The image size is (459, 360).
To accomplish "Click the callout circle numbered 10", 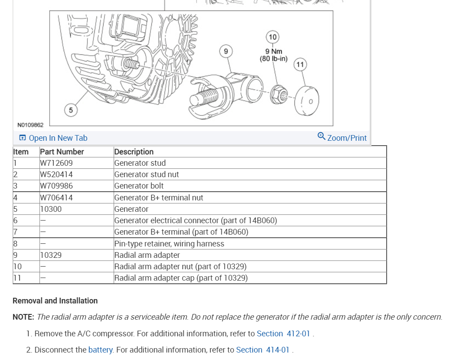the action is click(x=273, y=37).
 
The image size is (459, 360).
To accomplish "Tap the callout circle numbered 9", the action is click(x=226, y=51).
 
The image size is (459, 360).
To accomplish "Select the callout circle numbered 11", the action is click(x=300, y=65).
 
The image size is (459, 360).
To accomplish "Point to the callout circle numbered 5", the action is click(x=71, y=110).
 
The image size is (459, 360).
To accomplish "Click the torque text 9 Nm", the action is click(x=273, y=51).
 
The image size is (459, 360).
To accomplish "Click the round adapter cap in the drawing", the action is click(x=307, y=100).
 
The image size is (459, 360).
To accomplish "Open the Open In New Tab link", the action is click(x=54, y=138).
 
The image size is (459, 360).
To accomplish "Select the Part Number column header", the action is click(x=62, y=152).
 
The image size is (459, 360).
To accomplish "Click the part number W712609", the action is click(x=56, y=163).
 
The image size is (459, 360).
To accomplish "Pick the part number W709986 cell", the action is click(x=56, y=186).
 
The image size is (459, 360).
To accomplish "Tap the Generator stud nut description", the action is click(x=147, y=175).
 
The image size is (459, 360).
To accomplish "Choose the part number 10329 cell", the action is click(x=51, y=255).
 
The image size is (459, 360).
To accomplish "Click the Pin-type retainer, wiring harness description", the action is click(x=169, y=243).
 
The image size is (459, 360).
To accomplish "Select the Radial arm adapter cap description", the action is click(x=181, y=278).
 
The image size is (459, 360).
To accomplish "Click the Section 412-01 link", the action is click(x=283, y=334).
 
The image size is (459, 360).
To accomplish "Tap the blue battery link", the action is click(x=101, y=350).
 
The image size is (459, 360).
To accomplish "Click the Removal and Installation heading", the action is click(x=55, y=301).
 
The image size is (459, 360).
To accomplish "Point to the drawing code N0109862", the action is click(x=31, y=125).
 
